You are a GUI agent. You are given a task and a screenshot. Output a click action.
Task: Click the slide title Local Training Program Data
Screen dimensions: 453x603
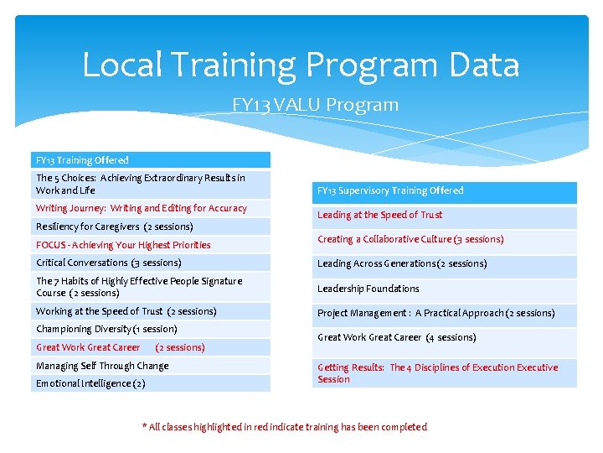click(x=301, y=65)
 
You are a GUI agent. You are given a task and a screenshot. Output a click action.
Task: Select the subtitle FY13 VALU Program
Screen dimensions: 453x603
click(x=315, y=105)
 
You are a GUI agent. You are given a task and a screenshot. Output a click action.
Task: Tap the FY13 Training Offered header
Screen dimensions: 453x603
click(x=82, y=159)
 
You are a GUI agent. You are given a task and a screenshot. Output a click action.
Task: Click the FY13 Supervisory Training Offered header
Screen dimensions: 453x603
click(x=390, y=190)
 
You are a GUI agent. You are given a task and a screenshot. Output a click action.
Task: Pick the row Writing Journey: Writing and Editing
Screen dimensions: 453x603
click(x=142, y=208)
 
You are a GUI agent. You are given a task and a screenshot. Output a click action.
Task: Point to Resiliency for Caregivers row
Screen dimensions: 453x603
click(x=115, y=226)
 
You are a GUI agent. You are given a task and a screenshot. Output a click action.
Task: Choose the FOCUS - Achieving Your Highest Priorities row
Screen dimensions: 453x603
click(x=123, y=245)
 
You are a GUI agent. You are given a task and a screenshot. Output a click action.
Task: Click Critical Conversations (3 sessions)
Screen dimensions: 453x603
click(x=109, y=263)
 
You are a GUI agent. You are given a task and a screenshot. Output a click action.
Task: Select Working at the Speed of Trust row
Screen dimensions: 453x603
click(x=126, y=311)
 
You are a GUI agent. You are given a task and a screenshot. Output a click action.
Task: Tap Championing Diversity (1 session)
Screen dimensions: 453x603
click(x=106, y=329)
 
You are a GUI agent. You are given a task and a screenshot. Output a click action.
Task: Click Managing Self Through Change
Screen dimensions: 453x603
click(x=102, y=366)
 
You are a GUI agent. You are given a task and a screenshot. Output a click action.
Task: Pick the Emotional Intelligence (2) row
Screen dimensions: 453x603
click(x=90, y=383)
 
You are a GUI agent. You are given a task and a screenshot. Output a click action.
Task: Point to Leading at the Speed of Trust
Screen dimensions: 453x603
click(x=379, y=215)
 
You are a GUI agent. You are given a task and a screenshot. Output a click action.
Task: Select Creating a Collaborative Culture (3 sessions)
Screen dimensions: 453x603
click(x=410, y=239)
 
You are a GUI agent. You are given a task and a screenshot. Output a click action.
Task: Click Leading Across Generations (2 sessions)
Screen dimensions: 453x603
click(x=402, y=263)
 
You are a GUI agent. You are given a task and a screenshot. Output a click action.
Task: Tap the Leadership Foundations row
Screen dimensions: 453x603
click(x=368, y=289)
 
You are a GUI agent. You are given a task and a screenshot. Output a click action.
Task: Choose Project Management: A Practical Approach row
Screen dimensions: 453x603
click(x=435, y=313)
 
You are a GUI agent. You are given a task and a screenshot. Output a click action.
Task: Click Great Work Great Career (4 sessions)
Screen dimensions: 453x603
click(x=396, y=337)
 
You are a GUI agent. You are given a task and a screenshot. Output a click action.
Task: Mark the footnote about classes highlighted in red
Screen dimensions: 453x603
click(x=285, y=427)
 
